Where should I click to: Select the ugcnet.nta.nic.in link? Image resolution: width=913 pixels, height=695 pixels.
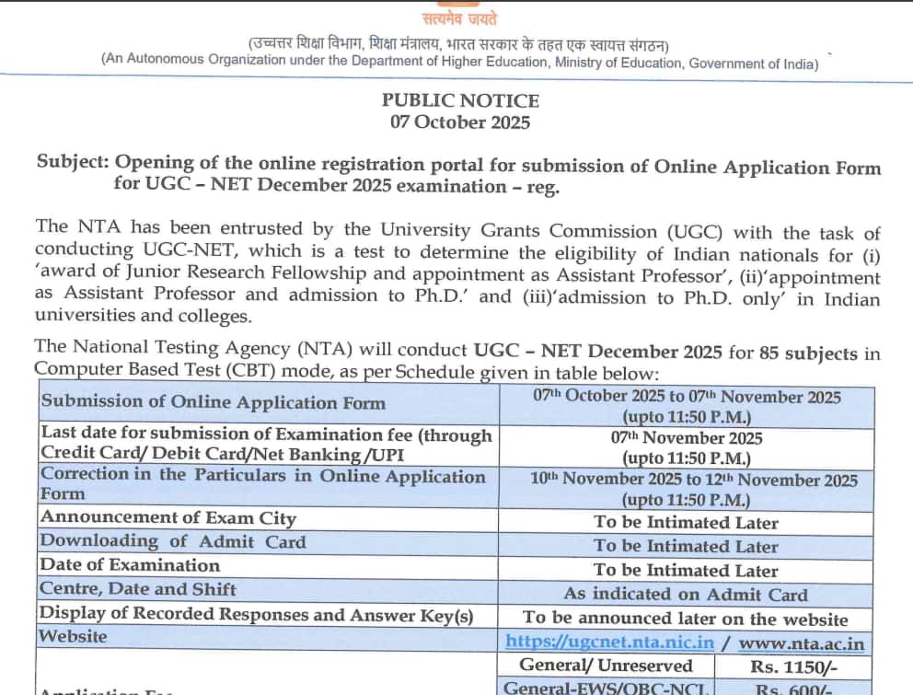[x=609, y=642]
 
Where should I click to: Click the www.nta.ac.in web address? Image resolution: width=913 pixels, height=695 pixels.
[x=802, y=643]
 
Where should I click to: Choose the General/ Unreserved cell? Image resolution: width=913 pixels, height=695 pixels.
[x=606, y=666]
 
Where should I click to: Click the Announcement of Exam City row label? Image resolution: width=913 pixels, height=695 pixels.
[x=168, y=518]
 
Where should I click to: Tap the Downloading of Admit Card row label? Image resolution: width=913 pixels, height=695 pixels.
[x=173, y=542]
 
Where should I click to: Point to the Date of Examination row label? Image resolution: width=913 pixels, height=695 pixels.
[x=130, y=566]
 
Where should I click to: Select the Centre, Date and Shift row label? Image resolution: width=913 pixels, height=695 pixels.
[x=138, y=589]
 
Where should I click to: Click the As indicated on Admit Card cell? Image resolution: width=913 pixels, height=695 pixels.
[x=686, y=595]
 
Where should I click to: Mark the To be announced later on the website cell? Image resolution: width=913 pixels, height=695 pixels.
[x=686, y=619]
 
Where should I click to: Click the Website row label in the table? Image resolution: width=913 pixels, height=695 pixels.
[x=74, y=637]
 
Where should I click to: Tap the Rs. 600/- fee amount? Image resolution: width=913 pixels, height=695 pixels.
[x=793, y=688]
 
